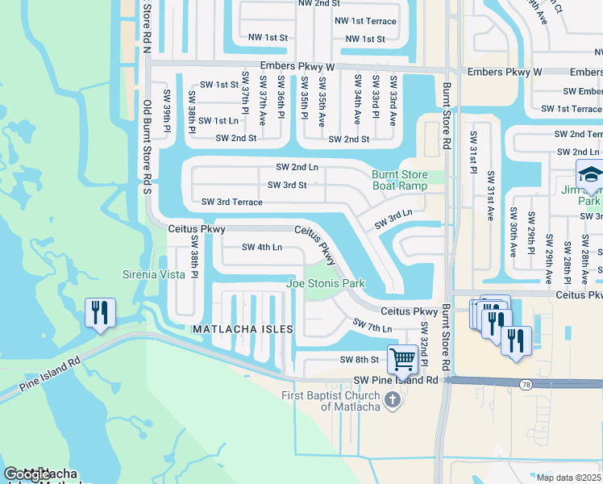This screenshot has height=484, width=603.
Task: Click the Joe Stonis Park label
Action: click(326, 283)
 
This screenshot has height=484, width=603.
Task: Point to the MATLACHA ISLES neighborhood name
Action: click(241, 330)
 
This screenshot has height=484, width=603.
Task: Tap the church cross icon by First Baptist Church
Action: click(392, 400)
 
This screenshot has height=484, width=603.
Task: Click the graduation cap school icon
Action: click(590, 173)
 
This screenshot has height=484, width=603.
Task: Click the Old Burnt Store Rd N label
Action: click(147, 27)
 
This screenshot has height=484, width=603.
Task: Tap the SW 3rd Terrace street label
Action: click(231, 202)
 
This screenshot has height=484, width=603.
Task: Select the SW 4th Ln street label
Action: click(262, 248)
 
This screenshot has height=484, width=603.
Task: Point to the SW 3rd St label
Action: click(287, 185)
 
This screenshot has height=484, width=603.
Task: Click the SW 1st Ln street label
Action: click(218, 121)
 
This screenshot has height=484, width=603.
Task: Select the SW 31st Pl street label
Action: click(473, 150)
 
